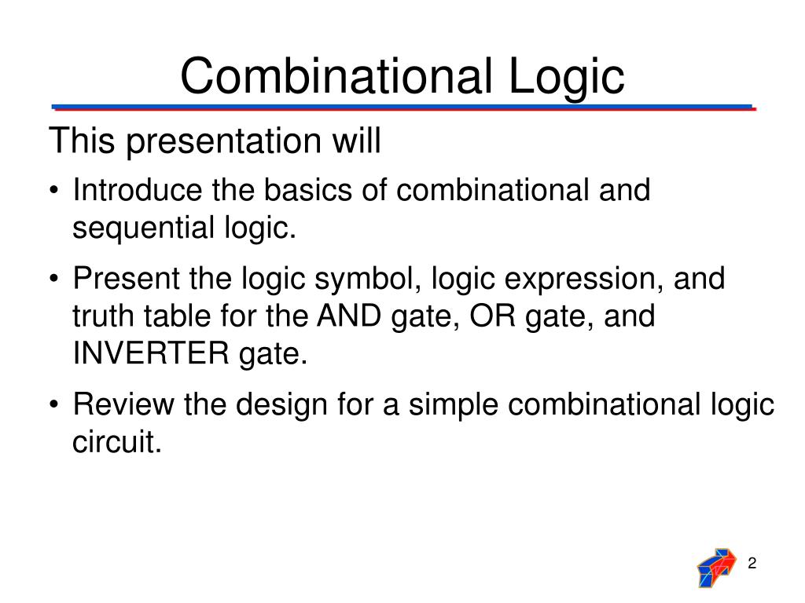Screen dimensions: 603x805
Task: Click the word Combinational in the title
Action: tap(329, 77)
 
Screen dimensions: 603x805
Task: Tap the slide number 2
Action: tap(752, 564)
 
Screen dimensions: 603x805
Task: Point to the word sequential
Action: tap(139, 228)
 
